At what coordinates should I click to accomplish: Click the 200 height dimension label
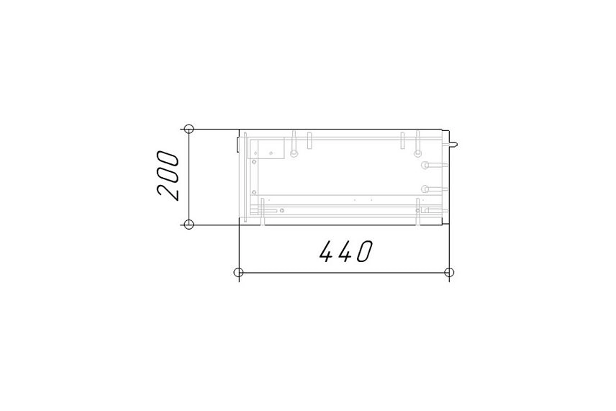168,176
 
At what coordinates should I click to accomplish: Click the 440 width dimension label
345,251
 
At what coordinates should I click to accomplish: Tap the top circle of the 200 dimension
189,129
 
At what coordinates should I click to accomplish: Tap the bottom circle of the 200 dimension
189,225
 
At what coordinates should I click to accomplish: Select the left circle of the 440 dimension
238,272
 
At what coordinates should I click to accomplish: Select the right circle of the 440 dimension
449,272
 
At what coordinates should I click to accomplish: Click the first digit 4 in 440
327,251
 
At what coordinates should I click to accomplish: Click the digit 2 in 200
168,192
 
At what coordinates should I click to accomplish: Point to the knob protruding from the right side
453,144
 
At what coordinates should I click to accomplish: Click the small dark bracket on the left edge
237,143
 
